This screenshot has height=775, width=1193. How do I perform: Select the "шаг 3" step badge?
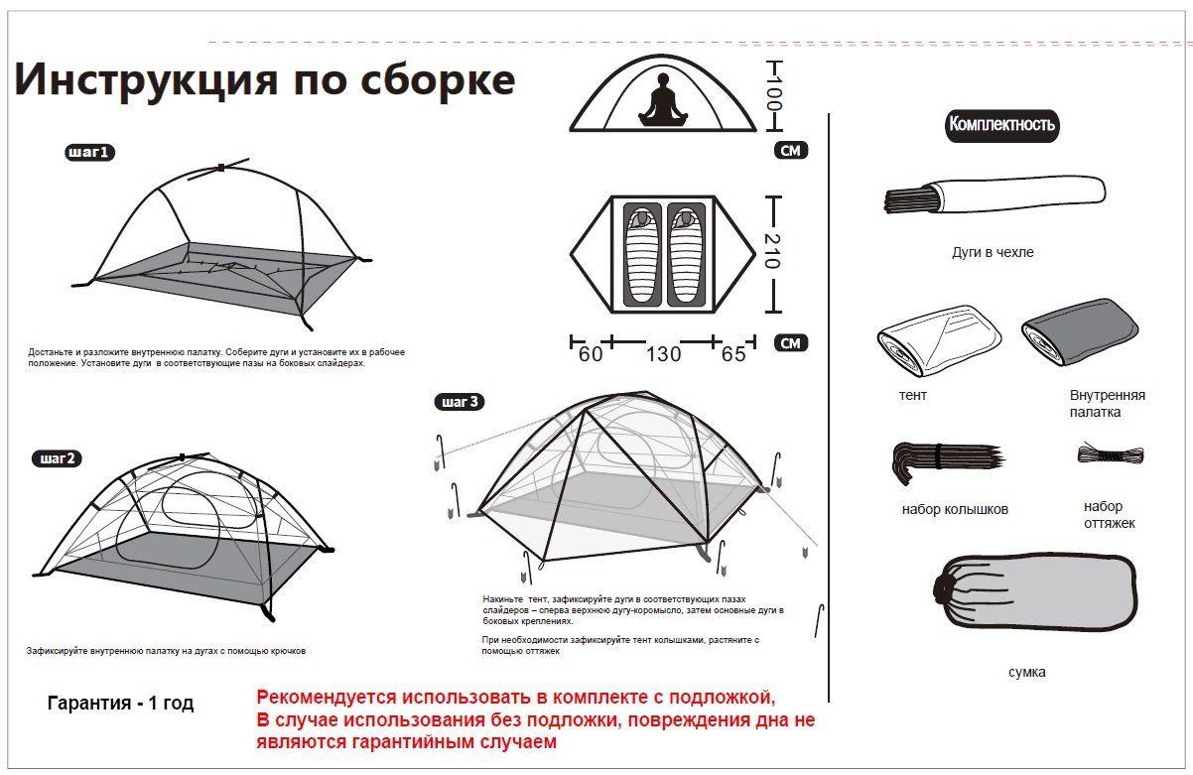(x=460, y=402)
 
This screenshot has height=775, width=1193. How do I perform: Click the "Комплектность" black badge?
(x=1001, y=125)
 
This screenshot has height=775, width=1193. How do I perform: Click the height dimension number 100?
(x=774, y=93)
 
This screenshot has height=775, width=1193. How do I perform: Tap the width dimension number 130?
(x=663, y=354)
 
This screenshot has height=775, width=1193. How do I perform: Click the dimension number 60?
(x=591, y=354)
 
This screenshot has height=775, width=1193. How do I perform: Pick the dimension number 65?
(x=733, y=354)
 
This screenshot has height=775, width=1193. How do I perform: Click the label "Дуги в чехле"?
(x=993, y=252)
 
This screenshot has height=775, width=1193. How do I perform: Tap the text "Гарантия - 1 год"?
(x=120, y=704)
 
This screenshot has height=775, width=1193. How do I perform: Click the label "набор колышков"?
(x=955, y=509)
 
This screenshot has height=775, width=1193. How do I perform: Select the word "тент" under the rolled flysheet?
(x=913, y=395)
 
